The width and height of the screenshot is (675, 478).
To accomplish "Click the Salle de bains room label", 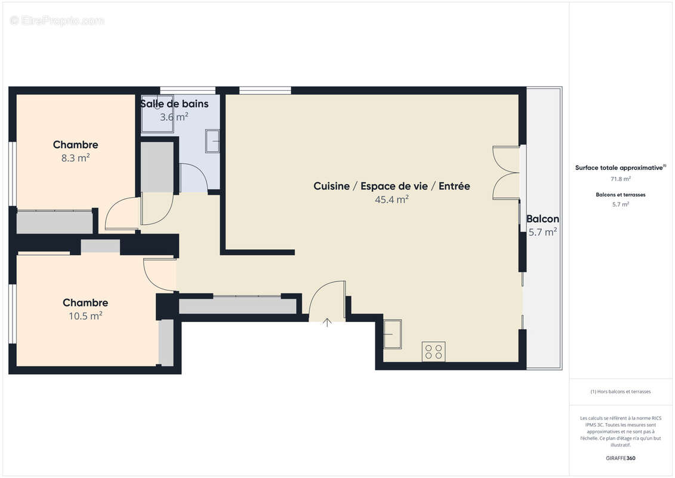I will (x=174, y=104).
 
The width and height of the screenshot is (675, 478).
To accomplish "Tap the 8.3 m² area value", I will (x=75, y=158).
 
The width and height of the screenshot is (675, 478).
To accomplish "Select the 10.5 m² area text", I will (x=85, y=316).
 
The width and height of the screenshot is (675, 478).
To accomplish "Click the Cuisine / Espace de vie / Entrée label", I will (x=392, y=186).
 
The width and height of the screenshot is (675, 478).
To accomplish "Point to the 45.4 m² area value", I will (x=392, y=200).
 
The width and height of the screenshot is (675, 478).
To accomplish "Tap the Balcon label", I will (x=543, y=219).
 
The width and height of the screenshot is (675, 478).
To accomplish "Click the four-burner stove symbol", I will (x=433, y=351).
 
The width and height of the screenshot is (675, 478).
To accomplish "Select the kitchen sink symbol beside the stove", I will (x=392, y=334).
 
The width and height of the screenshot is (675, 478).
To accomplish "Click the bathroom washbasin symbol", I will (x=212, y=141).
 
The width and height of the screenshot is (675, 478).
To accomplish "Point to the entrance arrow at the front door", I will (x=327, y=323).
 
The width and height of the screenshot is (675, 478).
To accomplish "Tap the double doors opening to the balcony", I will (x=506, y=173).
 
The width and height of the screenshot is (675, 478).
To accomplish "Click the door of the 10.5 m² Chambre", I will (x=159, y=274).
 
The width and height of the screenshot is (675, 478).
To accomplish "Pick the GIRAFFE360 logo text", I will (x=621, y=458).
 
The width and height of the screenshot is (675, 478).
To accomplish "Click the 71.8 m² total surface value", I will (x=621, y=179).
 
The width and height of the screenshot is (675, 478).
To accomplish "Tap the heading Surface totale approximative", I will (x=620, y=168).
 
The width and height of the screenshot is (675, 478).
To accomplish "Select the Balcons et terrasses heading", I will (x=621, y=195).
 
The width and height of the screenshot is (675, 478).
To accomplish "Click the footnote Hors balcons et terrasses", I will (x=621, y=391).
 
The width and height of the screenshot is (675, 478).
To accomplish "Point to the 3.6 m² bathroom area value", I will (x=174, y=117).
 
